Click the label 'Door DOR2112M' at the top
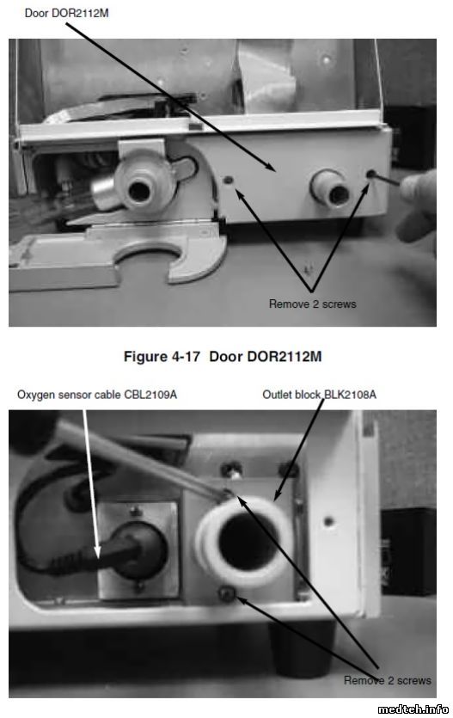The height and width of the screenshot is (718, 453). pos(66,13)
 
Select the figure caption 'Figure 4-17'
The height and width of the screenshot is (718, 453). pos(162,356)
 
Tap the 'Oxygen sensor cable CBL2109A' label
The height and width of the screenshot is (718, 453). pos(97,395)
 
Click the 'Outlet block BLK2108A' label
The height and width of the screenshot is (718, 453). pos(320,395)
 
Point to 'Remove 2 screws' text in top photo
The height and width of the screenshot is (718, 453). pos(313,304)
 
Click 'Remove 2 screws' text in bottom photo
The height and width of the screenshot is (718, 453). pos(388,680)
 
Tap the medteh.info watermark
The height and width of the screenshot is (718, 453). pos(413,709)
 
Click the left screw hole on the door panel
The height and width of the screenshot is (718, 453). pos(229,181)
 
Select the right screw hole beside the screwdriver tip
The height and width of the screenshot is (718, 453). pos(371,174)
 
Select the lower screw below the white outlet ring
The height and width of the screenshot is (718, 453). pos(227,594)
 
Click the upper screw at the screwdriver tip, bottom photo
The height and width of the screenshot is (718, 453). pos(228,494)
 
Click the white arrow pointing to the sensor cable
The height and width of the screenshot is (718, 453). pos(90,484)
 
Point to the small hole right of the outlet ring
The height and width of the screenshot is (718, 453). pos(328,521)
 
